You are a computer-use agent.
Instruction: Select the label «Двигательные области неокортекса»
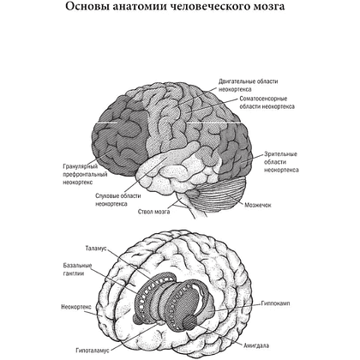[x=249, y=85]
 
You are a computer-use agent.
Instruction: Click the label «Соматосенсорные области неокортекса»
[x=267, y=103]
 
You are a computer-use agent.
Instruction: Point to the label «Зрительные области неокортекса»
[x=281, y=162]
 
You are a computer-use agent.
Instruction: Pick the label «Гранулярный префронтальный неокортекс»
[x=85, y=174]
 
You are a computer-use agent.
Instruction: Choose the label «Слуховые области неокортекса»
[x=118, y=200]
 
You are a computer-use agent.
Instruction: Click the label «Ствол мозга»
[x=153, y=212]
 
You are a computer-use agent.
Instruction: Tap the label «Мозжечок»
[x=258, y=205]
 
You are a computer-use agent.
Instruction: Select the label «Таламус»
[x=96, y=248]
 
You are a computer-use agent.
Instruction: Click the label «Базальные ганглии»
[x=77, y=269]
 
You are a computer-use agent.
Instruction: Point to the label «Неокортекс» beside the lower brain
[x=76, y=307]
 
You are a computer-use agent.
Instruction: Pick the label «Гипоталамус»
[x=93, y=351]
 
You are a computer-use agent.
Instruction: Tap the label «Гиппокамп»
[x=275, y=303]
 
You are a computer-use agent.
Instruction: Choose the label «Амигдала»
[x=256, y=345]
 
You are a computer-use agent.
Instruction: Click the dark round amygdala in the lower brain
[x=189, y=322]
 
